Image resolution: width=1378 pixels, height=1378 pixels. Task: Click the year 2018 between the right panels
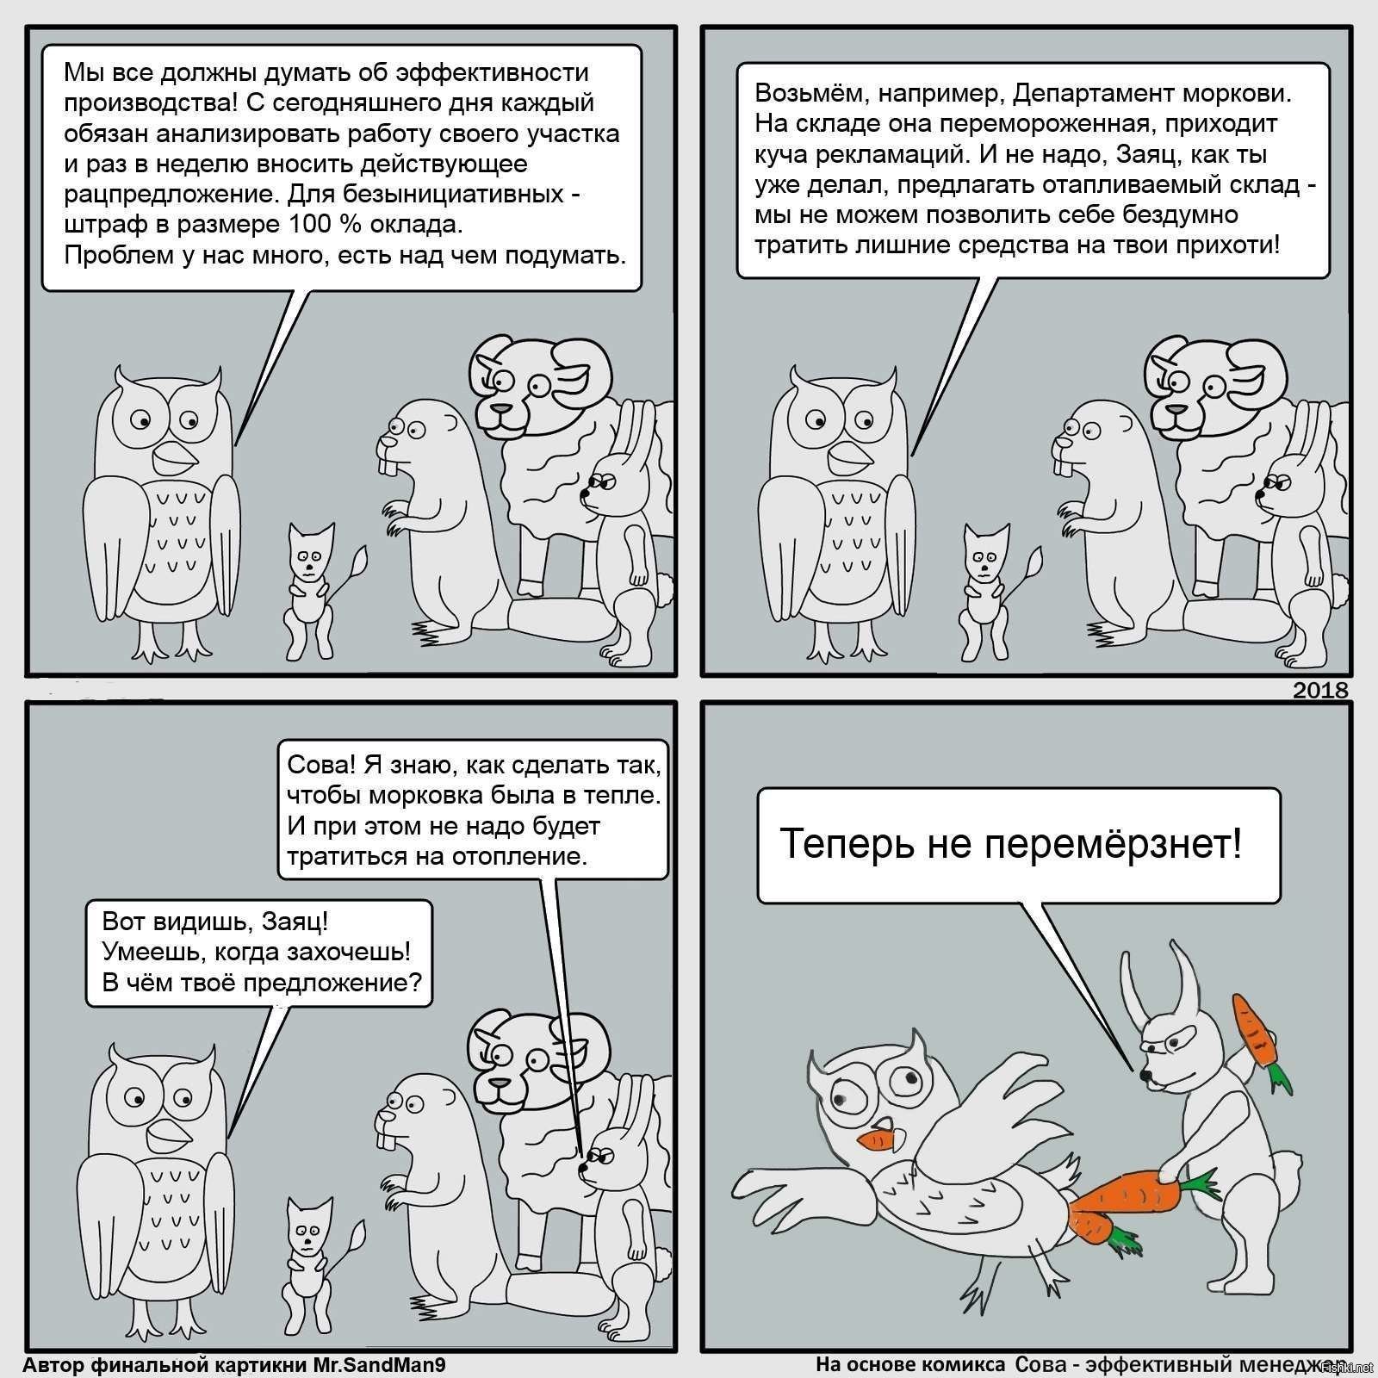1320,690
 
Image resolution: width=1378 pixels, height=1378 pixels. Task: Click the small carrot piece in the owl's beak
878,1142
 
